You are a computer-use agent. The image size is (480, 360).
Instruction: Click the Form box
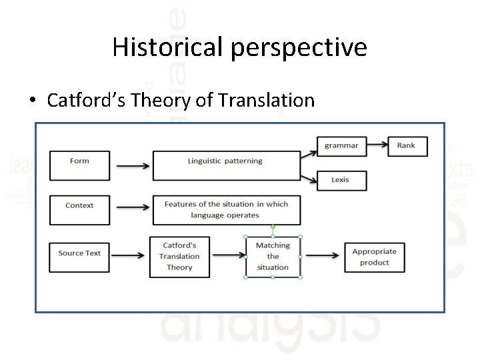(x=79, y=165)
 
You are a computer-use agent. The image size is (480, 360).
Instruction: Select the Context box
(x=79, y=210)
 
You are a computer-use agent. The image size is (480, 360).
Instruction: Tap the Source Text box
(x=79, y=257)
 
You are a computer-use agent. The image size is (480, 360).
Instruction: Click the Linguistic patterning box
(x=226, y=165)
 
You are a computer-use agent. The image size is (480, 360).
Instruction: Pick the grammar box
(x=341, y=145)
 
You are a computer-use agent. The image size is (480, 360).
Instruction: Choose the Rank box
(x=406, y=145)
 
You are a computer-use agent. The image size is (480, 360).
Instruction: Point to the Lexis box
(x=339, y=180)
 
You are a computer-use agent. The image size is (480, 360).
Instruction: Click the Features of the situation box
(x=226, y=209)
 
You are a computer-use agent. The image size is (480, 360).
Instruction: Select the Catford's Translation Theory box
(x=179, y=257)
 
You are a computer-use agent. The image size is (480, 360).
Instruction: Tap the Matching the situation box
(x=273, y=257)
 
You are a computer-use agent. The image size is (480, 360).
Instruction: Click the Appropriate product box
(x=374, y=257)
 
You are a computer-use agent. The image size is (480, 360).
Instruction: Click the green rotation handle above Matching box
(x=273, y=227)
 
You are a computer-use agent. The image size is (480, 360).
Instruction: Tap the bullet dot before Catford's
(x=33, y=101)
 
